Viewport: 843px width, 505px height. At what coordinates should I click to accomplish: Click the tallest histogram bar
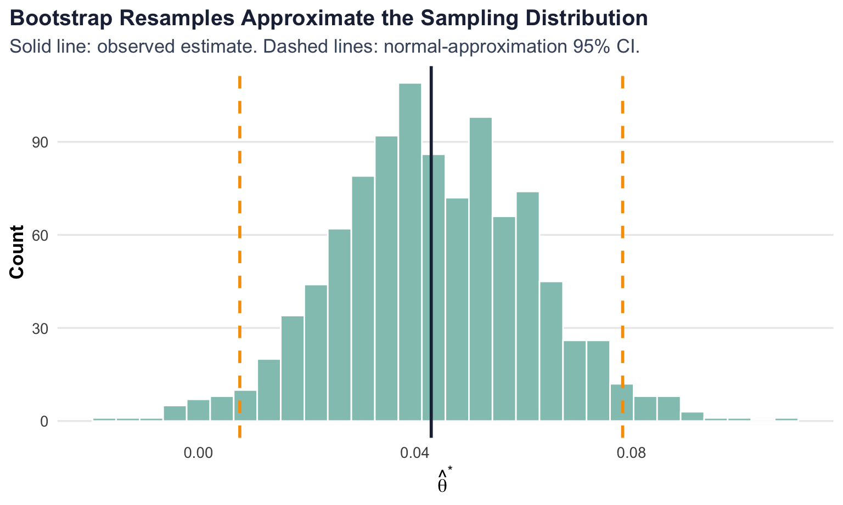tap(410, 252)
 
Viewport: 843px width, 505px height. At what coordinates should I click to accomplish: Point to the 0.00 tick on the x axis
tap(197, 454)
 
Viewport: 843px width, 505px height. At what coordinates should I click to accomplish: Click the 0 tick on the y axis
tap(45, 422)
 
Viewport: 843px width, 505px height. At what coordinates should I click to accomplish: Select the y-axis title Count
tap(17, 252)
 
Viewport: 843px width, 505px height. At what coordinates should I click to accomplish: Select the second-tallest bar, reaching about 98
tap(481, 269)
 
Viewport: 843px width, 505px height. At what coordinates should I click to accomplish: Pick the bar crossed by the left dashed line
tap(245, 406)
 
